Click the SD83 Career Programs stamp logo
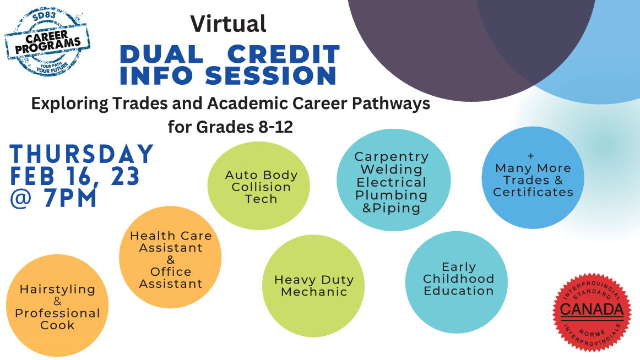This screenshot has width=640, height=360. (x=47, y=42)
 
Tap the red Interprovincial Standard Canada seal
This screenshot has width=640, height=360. (x=592, y=312)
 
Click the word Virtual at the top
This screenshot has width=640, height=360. (x=228, y=24)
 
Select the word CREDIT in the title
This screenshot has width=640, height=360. (x=283, y=54)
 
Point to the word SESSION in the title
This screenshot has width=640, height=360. (x=270, y=76)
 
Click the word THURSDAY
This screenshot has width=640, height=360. (x=82, y=154)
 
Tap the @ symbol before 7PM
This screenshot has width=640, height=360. (x=21, y=198)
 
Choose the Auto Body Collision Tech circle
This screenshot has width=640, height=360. (x=258, y=186)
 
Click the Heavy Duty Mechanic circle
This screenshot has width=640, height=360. (x=313, y=286)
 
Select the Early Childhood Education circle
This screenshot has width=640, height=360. (x=457, y=282)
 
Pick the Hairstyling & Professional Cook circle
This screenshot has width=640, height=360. (x=57, y=306)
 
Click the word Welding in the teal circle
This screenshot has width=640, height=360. (x=392, y=169)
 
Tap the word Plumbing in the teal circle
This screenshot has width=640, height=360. (x=392, y=195)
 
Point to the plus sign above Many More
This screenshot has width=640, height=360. (x=530, y=156)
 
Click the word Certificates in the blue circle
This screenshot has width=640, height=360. (x=533, y=192)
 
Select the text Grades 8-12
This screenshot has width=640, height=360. (x=245, y=127)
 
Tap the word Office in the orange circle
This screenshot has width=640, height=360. (x=171, y=271)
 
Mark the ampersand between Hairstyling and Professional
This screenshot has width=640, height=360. (x=57, y=301)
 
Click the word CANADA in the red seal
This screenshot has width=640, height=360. (x=592, y=309)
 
